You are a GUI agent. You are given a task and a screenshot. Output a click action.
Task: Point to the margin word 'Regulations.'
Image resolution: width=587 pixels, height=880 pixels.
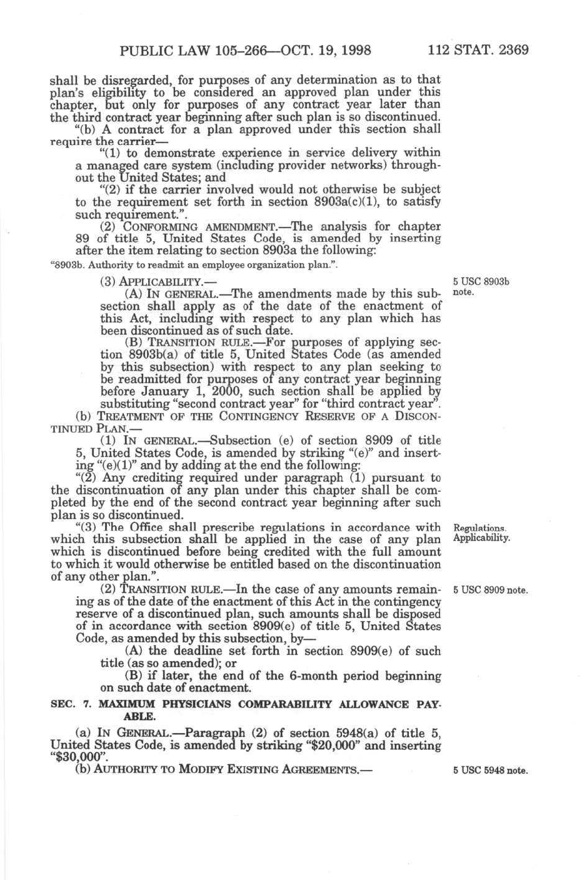point(479,528)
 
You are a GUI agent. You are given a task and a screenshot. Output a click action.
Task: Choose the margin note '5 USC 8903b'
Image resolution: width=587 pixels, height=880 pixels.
point(481,281)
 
